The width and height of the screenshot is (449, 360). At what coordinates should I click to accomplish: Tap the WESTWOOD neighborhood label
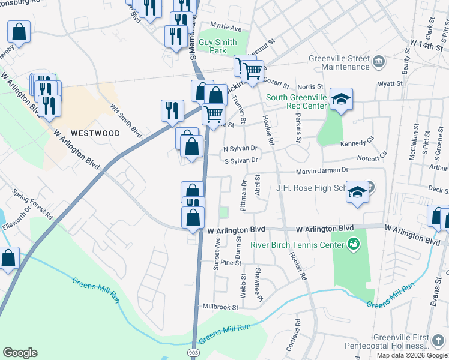click(x=95, y=133)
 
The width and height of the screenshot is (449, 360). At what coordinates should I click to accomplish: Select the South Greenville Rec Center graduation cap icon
click(x=341, y=99)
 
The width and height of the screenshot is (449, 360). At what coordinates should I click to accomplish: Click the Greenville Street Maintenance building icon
click(x=379, y=61)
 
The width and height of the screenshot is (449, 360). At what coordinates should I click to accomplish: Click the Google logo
click(x=20, y=353)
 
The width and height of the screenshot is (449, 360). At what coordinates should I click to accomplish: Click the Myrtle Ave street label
click(x=226, y=28)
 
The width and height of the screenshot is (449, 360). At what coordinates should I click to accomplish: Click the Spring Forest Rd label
click(x=33, y=204)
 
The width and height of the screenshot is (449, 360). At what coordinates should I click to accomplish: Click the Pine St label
click(x=231, y=263)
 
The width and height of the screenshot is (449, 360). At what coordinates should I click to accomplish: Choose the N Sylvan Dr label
click(x=240, y=148)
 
